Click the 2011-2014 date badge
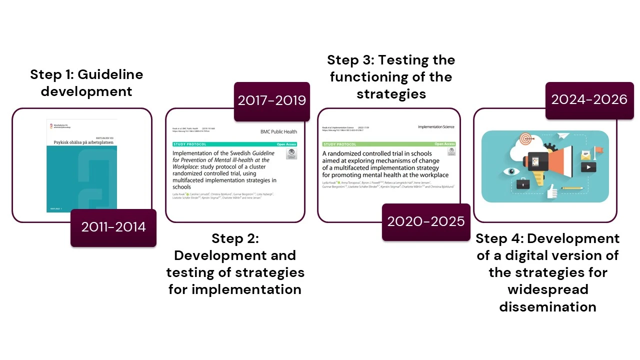tap(113, 227)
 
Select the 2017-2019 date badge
tap(272, 101)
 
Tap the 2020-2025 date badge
tap(426, 222)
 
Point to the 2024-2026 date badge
tap(589, 100)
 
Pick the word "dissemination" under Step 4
tap(547, 306)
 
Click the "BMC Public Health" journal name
tap(278, 132)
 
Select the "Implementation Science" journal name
tap(436, 127)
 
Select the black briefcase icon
tap(523, 184)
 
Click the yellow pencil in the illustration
tap(572, 188)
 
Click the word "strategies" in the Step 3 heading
tap(391, 94)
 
